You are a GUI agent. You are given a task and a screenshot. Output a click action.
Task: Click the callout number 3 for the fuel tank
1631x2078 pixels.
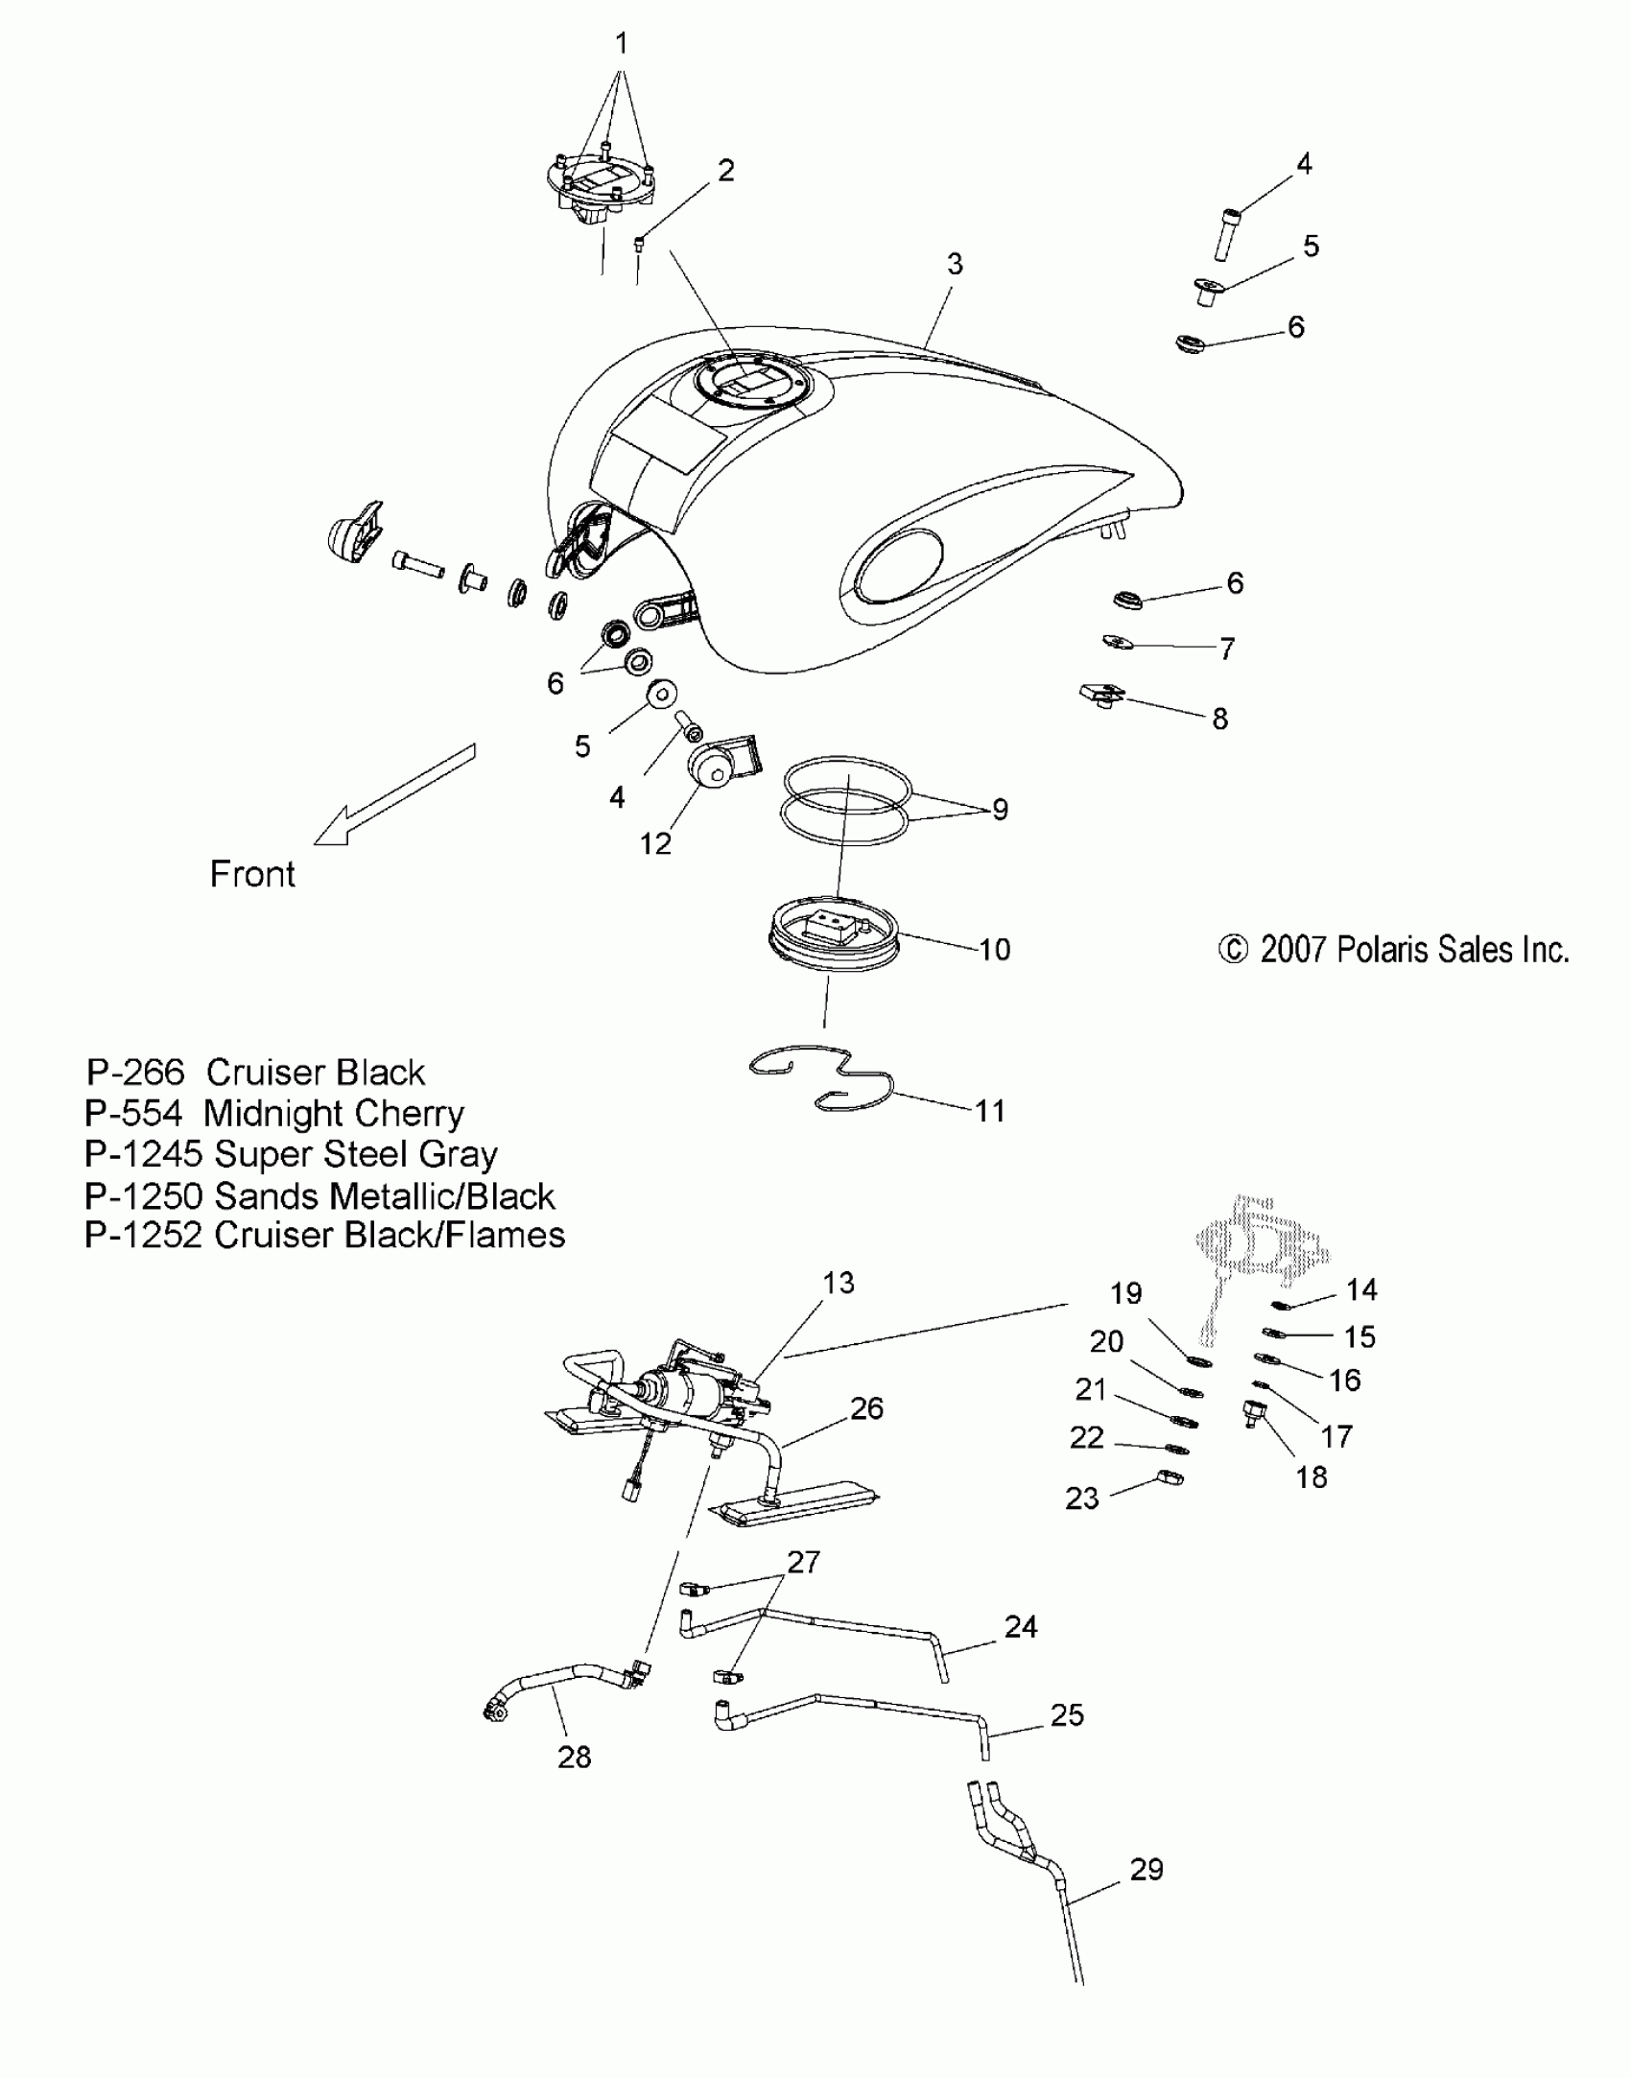[954, 265]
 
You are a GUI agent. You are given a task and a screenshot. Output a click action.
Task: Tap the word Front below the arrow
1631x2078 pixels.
[252, 874]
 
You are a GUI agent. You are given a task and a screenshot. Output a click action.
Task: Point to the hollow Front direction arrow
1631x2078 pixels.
[393, 795]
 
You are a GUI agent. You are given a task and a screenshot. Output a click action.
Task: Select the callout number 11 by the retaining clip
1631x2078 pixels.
[989, 1111]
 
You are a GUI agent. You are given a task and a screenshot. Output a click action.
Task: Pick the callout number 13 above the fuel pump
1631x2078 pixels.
[838, 1283]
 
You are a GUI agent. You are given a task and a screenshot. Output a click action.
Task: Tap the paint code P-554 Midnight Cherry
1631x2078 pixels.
[274, 1114]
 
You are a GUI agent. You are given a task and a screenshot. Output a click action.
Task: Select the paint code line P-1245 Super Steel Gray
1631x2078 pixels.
[291, 1154]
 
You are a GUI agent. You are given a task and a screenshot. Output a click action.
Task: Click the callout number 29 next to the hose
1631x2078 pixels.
[1146, 1869]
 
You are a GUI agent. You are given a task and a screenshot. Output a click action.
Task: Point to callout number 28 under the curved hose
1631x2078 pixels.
[574, 1757]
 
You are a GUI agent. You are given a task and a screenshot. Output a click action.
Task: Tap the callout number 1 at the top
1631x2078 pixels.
[621, 43]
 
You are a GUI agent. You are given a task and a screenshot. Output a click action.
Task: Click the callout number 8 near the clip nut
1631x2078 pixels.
[1219, 719]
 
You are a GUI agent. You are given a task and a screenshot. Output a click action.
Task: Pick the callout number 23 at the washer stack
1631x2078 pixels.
[1082, 1498]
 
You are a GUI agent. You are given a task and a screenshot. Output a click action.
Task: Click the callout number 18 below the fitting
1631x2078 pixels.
[1311, 1476]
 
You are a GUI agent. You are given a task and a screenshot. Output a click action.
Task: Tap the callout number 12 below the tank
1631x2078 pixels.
[655, 843]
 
